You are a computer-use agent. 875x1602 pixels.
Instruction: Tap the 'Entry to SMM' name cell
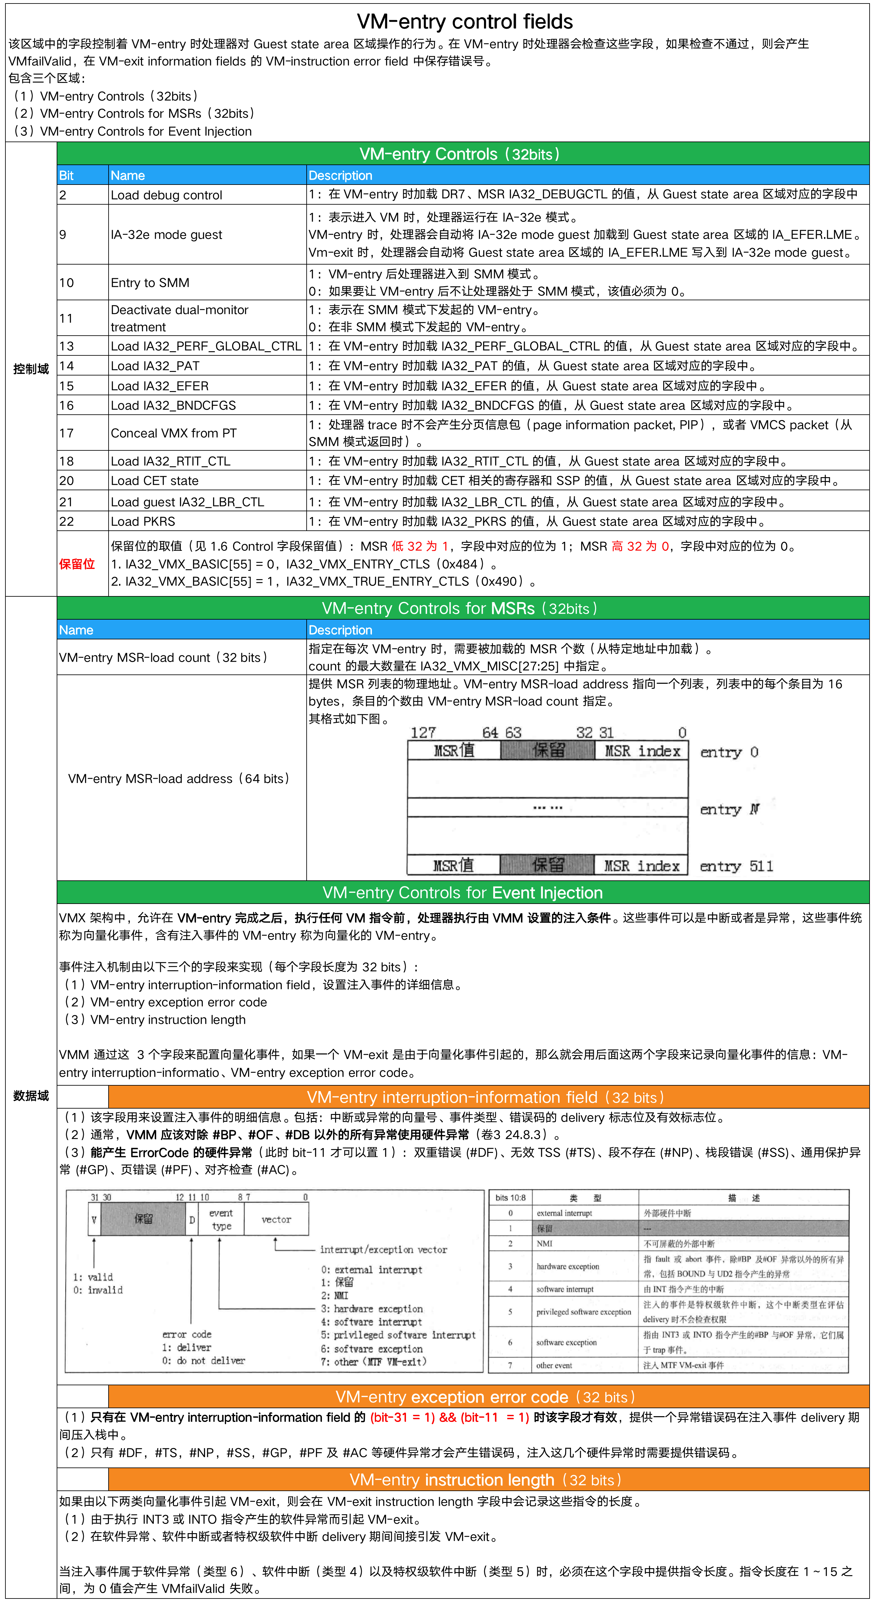[x=150, y=283]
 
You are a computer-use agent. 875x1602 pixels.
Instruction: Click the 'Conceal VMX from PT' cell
[x=174, y=433]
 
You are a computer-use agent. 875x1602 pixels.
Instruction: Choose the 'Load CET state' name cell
[x=155, y=481]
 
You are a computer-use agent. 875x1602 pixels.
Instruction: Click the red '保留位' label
[x=77, y=564]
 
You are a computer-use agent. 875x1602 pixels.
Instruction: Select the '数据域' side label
[x=31, y=1096]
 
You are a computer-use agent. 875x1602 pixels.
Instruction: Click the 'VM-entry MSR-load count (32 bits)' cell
[x=163, y=657]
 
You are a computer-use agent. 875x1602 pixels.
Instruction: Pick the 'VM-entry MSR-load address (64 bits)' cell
[x=179, y=779]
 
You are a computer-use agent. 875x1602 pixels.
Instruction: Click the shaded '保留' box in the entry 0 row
[x=547, y=751]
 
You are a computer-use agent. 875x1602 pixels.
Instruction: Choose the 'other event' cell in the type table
[x=554, y=1366]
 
